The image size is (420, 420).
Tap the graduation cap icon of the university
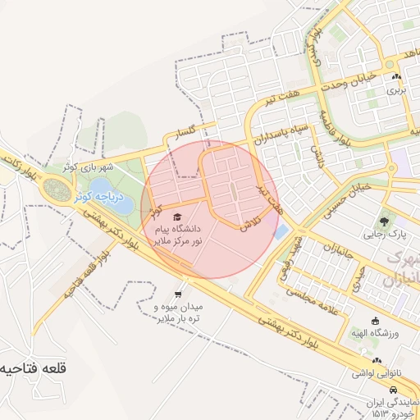coord(178,216)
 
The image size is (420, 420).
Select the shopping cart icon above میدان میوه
coord(179,294)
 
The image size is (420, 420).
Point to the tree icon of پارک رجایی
coord(385,221)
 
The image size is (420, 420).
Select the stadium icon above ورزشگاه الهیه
coord(376,321)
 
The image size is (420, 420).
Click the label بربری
coord(397,89)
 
